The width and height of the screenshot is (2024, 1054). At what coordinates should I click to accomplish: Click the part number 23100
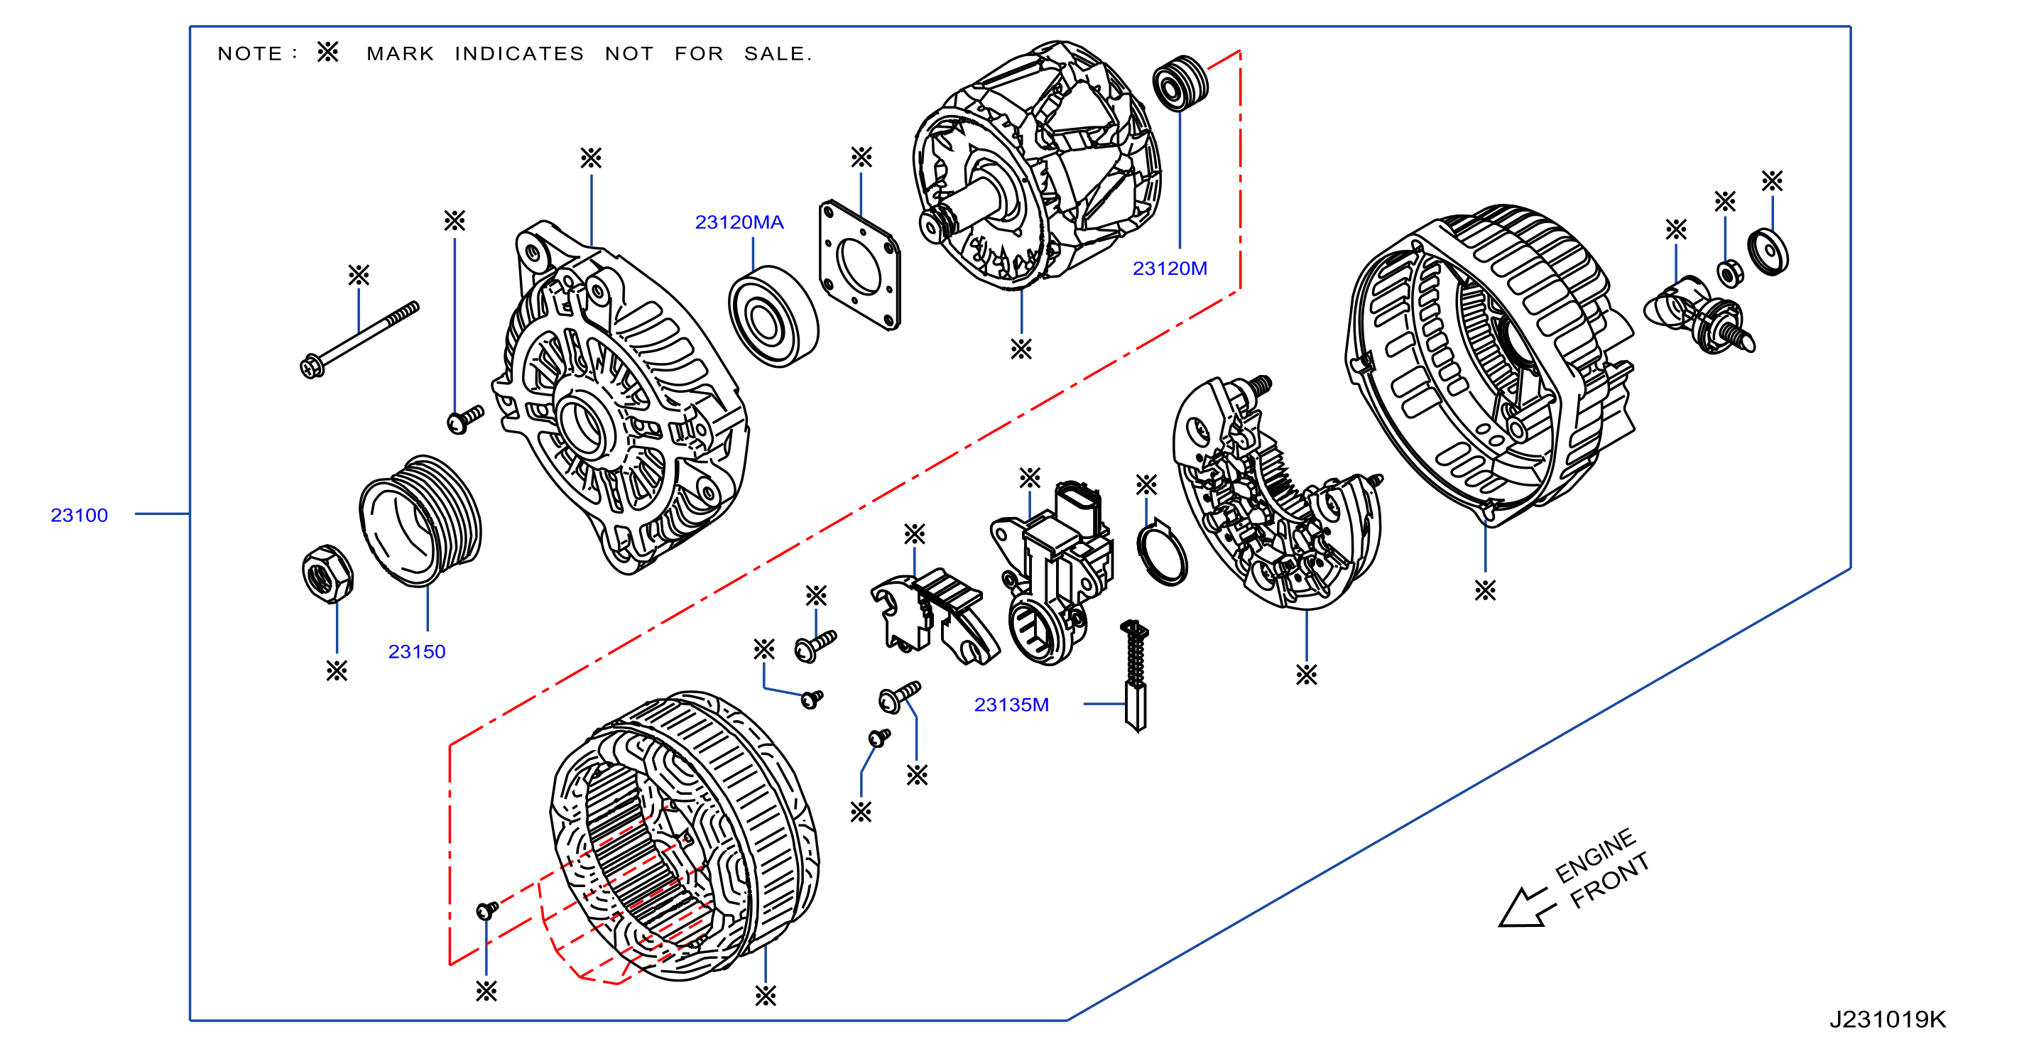point(80,516)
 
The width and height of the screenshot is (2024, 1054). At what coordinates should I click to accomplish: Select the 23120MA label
point(739,222)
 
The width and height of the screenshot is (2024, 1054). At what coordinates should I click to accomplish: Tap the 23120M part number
point(1170,268)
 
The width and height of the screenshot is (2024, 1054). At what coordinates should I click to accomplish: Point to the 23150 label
point(417,651)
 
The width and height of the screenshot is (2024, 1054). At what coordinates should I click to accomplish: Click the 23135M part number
point(1011,705)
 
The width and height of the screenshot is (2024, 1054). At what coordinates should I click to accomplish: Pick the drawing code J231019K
point(1887,1019)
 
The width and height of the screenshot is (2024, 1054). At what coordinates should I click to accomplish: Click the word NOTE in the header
point(250,53)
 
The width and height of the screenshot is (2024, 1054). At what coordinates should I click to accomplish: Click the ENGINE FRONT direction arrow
point(1527,908)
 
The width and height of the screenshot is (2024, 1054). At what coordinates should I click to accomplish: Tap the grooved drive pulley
point(420,521)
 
